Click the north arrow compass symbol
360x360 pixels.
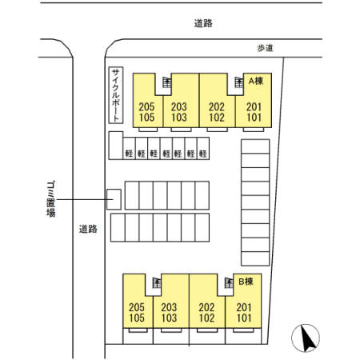pos(306,338)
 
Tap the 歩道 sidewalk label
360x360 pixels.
pos(265,48)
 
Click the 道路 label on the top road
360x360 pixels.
pos(203,23)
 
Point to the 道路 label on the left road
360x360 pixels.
pos(88,229)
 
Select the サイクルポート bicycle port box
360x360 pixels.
pos(116,95)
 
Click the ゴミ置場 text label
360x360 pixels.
pos(51,199)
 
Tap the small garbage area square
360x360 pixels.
pos(114,199)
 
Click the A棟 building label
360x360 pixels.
pos(256,81)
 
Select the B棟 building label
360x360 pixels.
pos(246,282)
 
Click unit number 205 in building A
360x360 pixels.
pos(146,107)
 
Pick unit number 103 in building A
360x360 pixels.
pos(179,118)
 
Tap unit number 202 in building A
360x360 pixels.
pos(217,107)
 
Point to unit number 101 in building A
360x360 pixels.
pos(254,118)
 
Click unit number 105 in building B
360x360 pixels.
pos(137,318)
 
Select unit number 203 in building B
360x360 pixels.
pos(169,307)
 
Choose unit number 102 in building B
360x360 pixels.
pos(206,318)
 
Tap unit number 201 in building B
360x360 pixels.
pos(244,307)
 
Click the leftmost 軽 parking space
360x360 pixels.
pos(130,149)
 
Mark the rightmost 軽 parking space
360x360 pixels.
pos(203,149)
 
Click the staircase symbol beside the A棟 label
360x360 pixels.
pos(239,82)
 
